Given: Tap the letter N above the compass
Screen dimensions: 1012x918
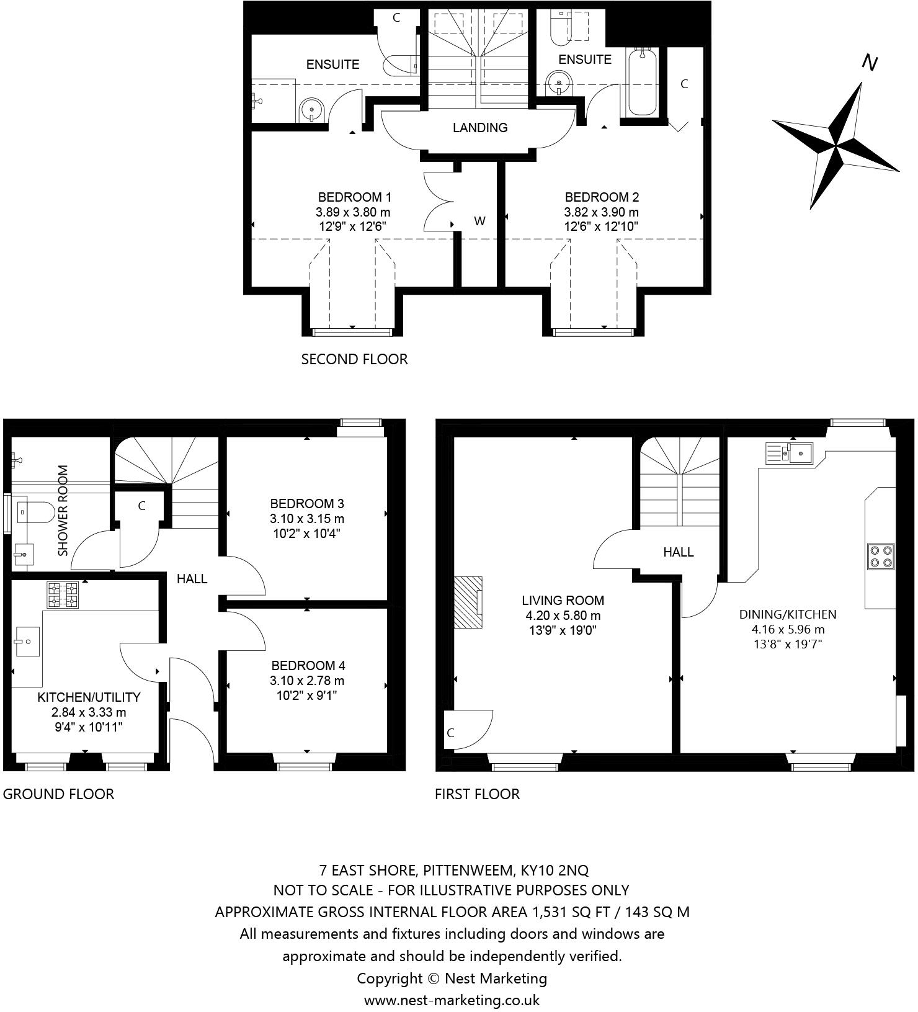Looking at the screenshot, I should coord(870,63).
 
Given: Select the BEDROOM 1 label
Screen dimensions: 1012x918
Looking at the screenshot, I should coord(354,197).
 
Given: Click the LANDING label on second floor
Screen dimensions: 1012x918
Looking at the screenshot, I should coord(480,128).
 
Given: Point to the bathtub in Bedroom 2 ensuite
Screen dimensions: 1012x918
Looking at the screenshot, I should coord(643,84).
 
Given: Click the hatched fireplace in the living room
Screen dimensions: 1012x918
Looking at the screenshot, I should coord(468,602).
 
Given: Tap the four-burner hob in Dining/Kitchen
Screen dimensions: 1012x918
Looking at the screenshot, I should coord(881,556).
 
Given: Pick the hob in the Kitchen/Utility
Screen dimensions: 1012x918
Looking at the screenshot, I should coord(63,594).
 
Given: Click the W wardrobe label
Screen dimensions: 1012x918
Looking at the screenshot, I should coord(479,221).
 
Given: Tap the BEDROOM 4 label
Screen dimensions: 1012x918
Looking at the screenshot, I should coord(308,665).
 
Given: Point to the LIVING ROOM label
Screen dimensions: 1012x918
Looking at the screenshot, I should coord(563,600).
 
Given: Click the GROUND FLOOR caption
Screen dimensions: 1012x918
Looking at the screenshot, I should coord(58,794).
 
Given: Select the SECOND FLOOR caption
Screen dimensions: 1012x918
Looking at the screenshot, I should coord(354,359).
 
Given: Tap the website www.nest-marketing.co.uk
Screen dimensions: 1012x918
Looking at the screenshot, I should coord(452,1000).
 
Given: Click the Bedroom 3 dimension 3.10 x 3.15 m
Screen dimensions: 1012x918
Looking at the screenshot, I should coord(307,518).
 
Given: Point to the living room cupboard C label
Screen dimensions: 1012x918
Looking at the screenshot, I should coord(450,733).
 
